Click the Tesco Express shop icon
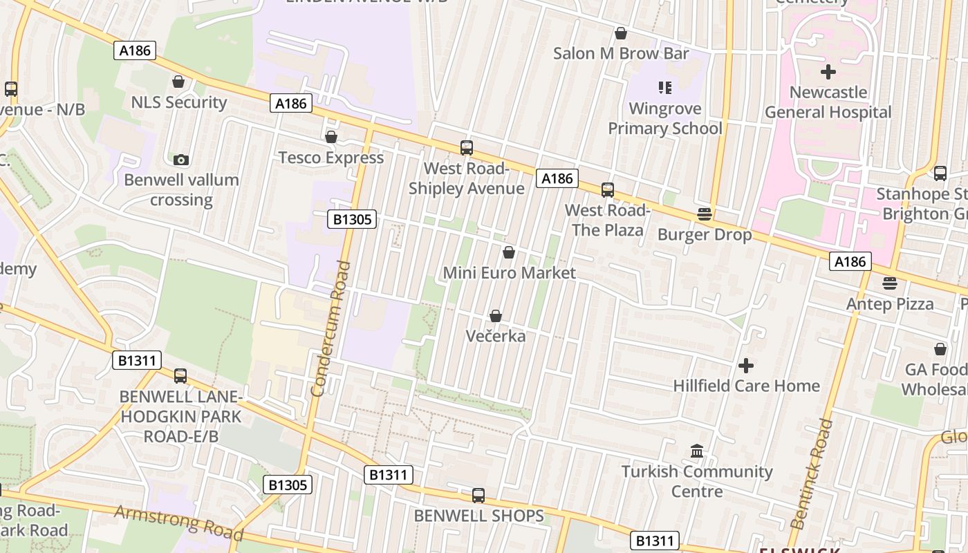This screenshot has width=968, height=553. tap(331, 137)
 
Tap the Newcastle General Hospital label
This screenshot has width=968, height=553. tap(828, 102)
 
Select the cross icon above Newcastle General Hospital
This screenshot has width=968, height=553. tap(828, 71)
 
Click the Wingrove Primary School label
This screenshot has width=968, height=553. tap(665, 118)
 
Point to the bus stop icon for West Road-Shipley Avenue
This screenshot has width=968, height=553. tap(467, 147)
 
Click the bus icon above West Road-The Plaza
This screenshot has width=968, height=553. tap(607, 189)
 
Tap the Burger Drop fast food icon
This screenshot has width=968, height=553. tap(704, 214)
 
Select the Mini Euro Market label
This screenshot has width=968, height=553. tap(509, 273)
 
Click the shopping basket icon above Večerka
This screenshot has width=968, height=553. tap(496, 316)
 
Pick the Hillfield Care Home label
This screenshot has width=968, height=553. tap(746, 386)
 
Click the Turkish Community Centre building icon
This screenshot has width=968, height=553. tap(697, 451)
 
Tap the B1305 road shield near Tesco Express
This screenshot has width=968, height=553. tap(352, 220)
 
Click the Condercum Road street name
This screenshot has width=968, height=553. tap(328, 328)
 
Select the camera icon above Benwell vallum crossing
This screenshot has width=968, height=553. tap(181, 160)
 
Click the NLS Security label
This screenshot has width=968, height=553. tap(179, 102)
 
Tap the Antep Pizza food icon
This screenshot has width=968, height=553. tap(890, 283)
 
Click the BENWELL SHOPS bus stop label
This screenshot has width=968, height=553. tap(478, 516)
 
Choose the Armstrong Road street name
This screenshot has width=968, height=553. tap(178, 522)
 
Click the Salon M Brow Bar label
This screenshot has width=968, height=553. tap(621, 53)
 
